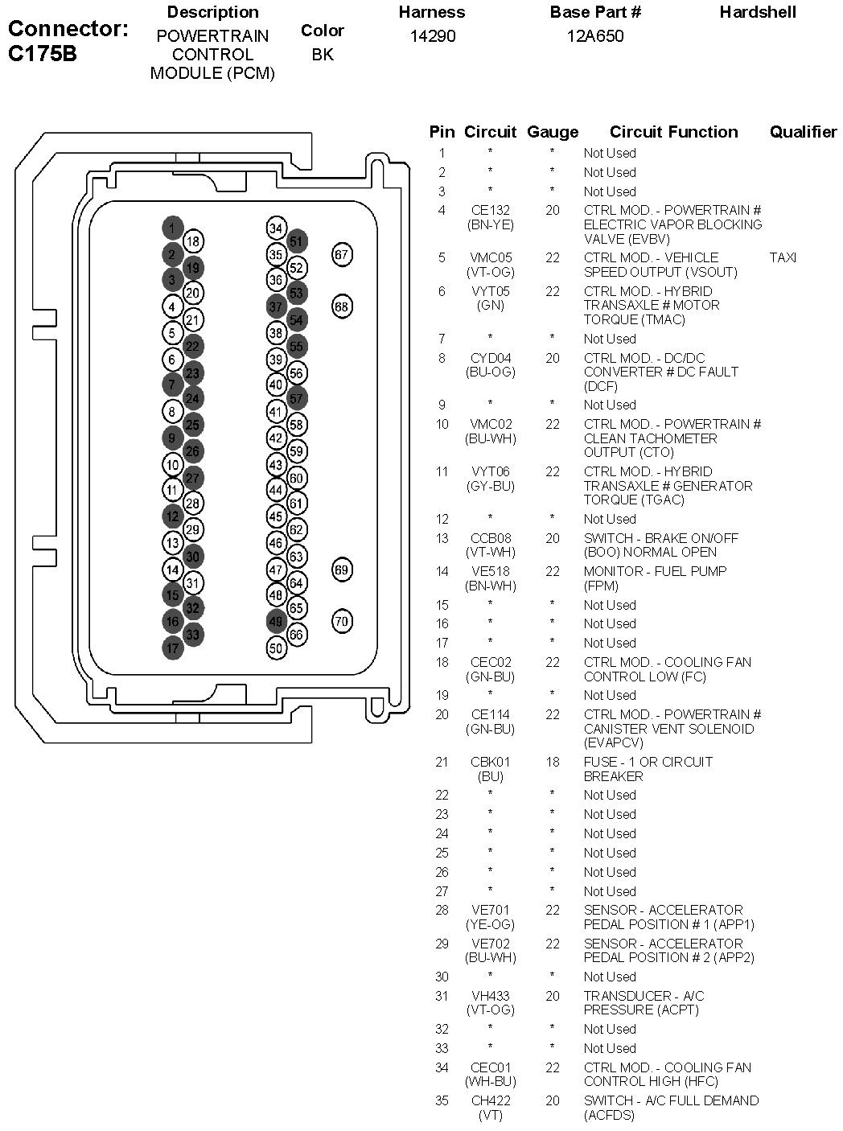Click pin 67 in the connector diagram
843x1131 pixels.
click(342, 254)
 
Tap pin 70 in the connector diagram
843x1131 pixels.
click(342, 621)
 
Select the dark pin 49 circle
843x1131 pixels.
click(276, 621)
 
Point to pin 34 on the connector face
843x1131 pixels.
click(276, 228)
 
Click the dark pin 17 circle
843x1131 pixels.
click(173, 648)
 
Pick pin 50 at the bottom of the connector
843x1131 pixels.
click(276, 648)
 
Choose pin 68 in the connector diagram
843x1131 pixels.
click(342, 307)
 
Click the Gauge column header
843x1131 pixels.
click(553, 133)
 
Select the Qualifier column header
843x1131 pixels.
click(803, 133)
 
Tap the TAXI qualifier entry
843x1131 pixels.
click(783, 257)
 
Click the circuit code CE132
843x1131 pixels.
click(491, 210)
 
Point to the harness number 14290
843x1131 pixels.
click(433, 36)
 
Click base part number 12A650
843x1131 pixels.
click(595, 36)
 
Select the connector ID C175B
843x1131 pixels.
click(43, 54)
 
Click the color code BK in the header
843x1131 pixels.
click(323, 55)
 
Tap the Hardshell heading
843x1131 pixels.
click(758, 12)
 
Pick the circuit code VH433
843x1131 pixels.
click(491, 996)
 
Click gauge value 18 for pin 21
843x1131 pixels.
click(553, 762)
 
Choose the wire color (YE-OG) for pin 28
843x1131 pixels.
click(491, 924)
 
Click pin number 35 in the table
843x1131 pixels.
click(442, 1100)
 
